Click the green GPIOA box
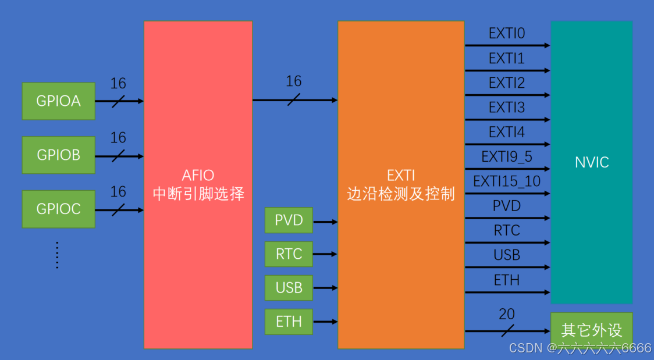click(58, 101)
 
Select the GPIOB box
click(58, 155)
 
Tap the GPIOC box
click(58, 209)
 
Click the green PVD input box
click(289, 221)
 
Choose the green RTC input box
click(289, 254)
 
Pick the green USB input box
click(289, 287)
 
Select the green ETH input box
click(289, 321)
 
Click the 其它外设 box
click(591, 330)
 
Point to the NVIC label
click(592, 162)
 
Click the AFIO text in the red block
click(198, 175)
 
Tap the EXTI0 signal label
click(507, 34)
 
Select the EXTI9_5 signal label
click(507, 157)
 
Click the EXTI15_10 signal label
click(507, 181)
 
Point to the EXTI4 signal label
click(507, 133)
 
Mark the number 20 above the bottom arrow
click(507, 315)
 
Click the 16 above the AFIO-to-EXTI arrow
click(294, 81)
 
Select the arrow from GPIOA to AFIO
click(119, 101)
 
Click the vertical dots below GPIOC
click(57, 255)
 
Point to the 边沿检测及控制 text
click(401, 194)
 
